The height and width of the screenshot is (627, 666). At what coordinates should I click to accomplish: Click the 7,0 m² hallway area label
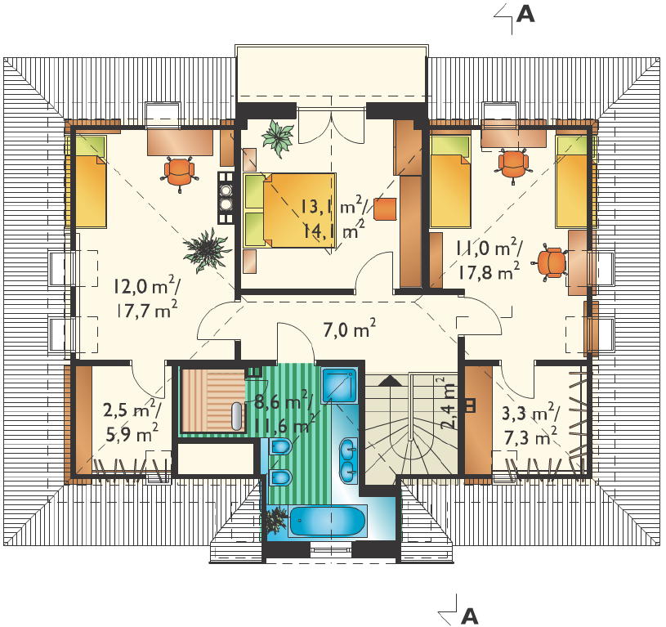[x=349, y=329]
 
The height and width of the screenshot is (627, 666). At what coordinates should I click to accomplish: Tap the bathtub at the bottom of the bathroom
[x=328, y=522]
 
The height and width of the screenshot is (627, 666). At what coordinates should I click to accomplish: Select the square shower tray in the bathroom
[x=338, y=385]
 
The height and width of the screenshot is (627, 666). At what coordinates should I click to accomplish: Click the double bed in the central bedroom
[x=290, y=210]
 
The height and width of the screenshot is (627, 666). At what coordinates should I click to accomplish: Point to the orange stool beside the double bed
[x=385, y=208]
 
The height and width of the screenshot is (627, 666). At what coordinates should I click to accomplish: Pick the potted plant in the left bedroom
[x=208, y=250]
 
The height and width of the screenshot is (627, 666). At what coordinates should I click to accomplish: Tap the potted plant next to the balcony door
[x=278, y=137]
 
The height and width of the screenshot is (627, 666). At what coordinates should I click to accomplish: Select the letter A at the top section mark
[x=525, y=15]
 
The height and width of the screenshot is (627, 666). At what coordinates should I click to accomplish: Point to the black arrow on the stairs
[x=390, y=380]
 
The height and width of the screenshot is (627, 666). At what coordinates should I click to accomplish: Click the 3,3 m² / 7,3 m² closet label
[x=531, y=424]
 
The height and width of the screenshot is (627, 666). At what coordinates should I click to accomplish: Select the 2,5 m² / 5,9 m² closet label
[x=132, y=421]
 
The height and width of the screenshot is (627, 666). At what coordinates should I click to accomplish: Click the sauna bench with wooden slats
[x=213, y=401]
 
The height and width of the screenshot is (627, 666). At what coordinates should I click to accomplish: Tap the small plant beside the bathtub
[x=277, y=520]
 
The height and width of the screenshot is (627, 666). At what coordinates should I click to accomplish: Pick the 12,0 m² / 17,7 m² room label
[x=145, y=298]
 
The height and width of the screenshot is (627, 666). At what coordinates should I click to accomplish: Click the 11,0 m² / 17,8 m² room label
[x=489, y=259]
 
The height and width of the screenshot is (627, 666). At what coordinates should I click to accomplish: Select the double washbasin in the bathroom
[x=348, y=461]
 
